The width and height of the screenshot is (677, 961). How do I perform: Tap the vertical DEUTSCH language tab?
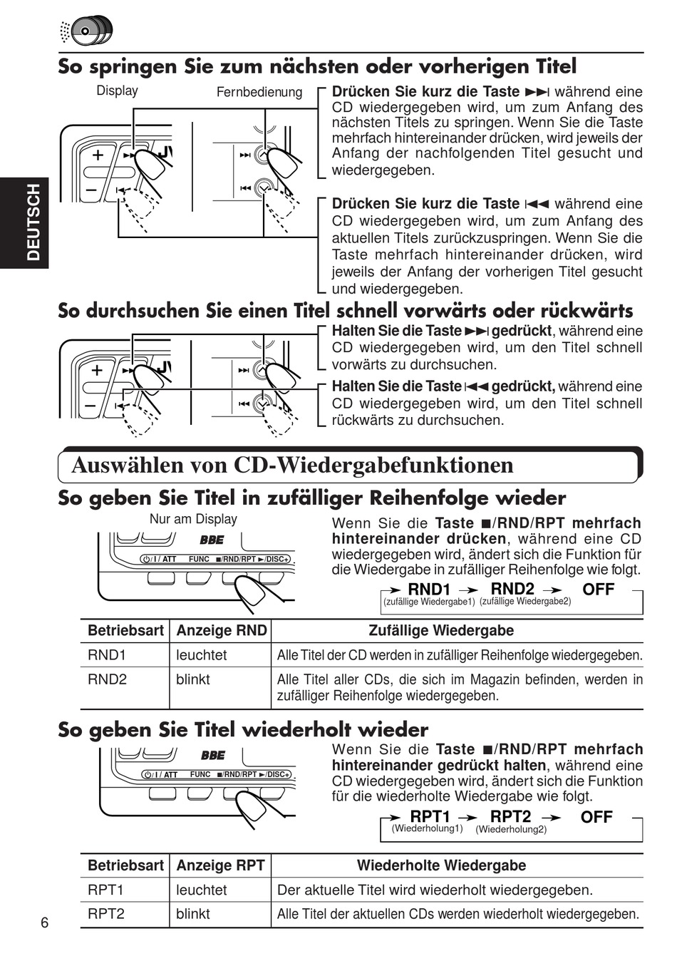click(x=33, y=222)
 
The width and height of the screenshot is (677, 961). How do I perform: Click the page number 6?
click(x=45, y=923)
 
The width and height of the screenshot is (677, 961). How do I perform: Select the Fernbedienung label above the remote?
click(x=259, y=92)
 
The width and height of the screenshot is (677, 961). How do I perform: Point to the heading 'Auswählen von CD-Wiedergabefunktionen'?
click(x=292, y=465)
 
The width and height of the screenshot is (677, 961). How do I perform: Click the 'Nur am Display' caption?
click(x=193, y=519)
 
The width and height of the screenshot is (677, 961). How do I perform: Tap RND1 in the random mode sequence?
click(x=429, y=590)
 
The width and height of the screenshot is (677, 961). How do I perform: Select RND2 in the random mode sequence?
click(x=512, y=589)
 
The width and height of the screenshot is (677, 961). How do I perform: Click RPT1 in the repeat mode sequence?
click(x=430, y=816)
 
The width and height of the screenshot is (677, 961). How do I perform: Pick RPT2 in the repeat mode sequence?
click(x=510, y=816)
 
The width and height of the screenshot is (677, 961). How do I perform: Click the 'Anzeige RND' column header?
click(x=221, y=630)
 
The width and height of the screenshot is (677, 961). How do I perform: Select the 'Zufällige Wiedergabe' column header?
click(x=441, y=630)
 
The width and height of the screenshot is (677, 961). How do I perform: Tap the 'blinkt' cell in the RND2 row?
click(x=193, y=679)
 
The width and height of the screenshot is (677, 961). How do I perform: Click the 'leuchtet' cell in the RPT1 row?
click(x=202, y=890)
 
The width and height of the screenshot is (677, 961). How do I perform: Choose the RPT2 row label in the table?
click(x=105, y=913)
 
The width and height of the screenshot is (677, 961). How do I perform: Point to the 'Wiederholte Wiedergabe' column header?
click(x=441, y=865)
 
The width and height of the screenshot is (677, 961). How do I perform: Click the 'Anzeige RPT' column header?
click(x=220, y=865)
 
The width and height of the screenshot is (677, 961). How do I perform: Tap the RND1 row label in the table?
click(x=106, y=654)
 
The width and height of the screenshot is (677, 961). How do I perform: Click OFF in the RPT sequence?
click(x=596, y=817)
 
